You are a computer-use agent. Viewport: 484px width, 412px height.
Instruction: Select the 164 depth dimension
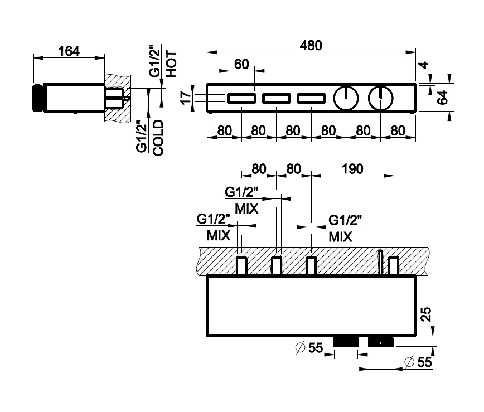point(69,51)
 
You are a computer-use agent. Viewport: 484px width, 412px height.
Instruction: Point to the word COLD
point(158,138)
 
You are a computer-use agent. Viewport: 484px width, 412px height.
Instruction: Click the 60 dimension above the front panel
point(241,64)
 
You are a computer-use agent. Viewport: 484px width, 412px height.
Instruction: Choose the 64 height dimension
point(442,99)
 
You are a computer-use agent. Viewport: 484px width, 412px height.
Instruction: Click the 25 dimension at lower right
point(425,315)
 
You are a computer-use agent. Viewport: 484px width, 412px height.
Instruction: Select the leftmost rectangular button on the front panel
point(241,99)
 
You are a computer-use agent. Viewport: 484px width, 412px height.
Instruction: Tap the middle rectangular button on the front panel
point(276,99)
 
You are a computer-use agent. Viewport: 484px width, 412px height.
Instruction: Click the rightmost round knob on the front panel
point(380,99)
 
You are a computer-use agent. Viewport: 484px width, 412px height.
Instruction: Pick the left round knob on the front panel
point(345,99)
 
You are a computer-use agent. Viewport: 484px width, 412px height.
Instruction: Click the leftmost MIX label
point(219,235)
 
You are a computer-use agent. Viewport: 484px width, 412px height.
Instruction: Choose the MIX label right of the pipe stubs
point(340,236)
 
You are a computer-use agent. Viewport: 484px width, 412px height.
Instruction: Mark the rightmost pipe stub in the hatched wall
point(394,265)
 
